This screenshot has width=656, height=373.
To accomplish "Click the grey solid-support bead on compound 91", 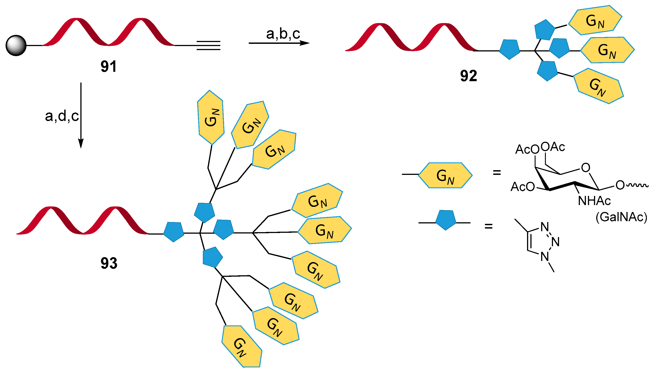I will (x=16, y=45).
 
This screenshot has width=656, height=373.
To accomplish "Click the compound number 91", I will (x=109, y=66).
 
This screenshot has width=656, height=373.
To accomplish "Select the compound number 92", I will (x=468, y=76).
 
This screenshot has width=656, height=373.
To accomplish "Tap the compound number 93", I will (x=109, y=263).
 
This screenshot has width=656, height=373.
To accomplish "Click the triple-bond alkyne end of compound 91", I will (x=208, y=45).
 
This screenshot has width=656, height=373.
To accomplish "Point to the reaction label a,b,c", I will (x=283, y=34).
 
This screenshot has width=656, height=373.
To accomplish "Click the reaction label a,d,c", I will (x=62, y=116).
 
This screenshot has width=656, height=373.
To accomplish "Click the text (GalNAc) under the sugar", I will (x=621, y=217).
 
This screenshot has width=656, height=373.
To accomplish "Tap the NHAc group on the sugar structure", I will (x=594, y=201).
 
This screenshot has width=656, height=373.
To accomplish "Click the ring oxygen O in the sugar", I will (x=585, y=167).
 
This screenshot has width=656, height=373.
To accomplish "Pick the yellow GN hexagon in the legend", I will (x=445, y=176).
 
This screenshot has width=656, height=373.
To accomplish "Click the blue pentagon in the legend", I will (x=446, y=220).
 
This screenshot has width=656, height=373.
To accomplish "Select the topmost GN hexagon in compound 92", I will (x=595, y=20).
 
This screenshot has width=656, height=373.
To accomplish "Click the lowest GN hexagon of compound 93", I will (x=242, y=347).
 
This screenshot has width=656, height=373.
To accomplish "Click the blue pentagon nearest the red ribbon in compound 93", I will (x=174, y=232).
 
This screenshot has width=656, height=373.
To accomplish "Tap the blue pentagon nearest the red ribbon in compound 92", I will (x=510, y=49).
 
